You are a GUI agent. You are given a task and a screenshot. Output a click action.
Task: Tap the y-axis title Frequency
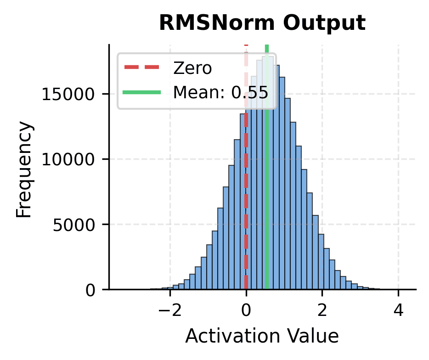pos(25,169)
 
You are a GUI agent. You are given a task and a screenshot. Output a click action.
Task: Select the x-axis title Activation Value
pos(262,337)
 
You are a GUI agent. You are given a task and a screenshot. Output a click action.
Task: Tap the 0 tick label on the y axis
pos(93,290)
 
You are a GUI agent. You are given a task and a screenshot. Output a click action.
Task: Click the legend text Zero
pos(192,68)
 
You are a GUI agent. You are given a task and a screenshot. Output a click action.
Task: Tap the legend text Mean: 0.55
pos(220,92)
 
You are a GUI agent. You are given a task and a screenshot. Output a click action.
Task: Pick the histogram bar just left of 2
pos(320,262)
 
